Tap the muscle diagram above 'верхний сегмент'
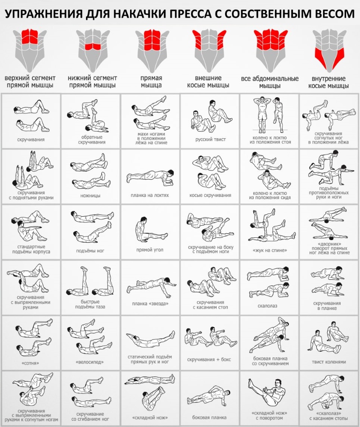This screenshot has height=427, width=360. coord(30,47)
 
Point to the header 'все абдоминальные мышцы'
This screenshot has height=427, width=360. coord(270,82)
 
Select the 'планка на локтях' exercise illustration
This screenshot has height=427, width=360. coord(150,176)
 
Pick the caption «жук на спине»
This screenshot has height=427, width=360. coord(270,250)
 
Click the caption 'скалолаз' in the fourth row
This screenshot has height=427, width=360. coord(270,304)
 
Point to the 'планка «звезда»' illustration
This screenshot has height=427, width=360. coord(150,286)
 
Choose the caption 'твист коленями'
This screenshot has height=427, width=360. coord(329,362)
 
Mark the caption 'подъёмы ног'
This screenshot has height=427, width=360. coord(90,250)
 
